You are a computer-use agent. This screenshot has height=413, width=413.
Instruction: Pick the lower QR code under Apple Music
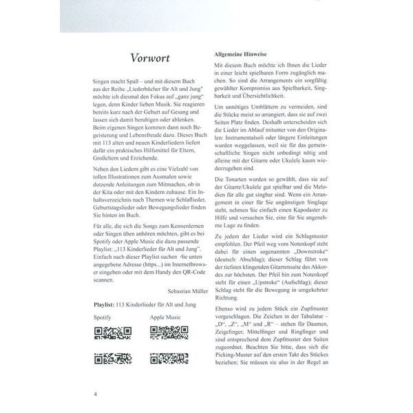169,357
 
